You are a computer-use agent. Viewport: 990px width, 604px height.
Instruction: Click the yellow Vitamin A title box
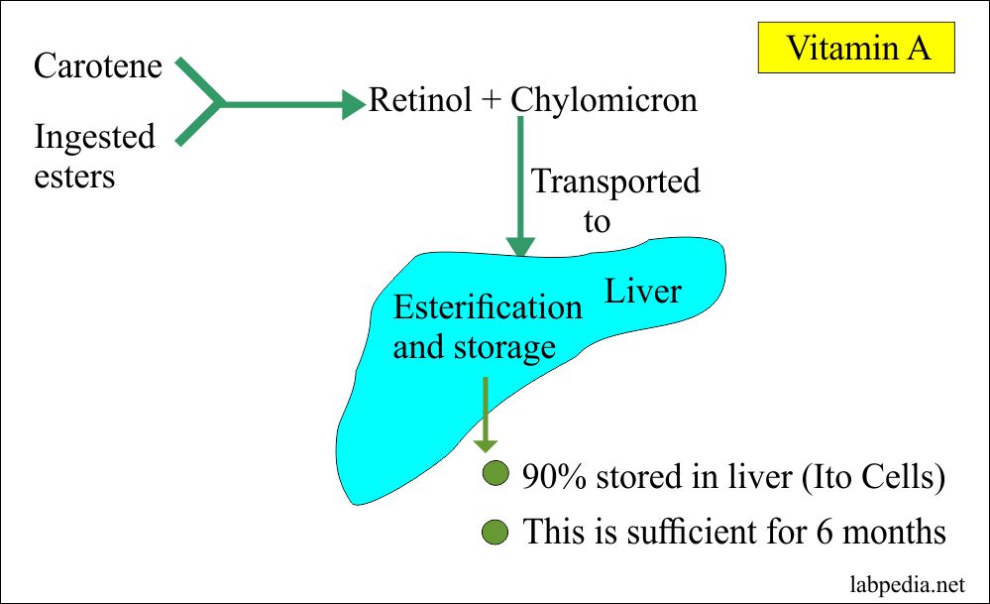[858, 48]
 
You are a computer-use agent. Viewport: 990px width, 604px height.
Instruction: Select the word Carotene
[99, 65]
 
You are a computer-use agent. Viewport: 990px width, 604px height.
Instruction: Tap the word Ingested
[95, 136]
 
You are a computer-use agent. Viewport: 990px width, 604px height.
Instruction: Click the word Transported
[615, 181]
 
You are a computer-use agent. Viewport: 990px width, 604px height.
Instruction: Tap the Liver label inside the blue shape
[643, 291]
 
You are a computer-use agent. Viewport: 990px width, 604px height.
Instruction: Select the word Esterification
[488, 307]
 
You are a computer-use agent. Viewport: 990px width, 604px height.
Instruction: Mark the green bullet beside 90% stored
[495, 475]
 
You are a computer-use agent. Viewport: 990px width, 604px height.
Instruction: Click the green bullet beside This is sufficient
[495, 532]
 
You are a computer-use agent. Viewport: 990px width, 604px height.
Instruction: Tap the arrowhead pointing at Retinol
[354, 102]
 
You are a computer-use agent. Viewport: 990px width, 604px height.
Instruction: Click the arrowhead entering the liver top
[520, 247]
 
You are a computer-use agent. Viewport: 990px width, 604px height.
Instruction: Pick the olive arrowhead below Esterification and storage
[485, 441]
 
